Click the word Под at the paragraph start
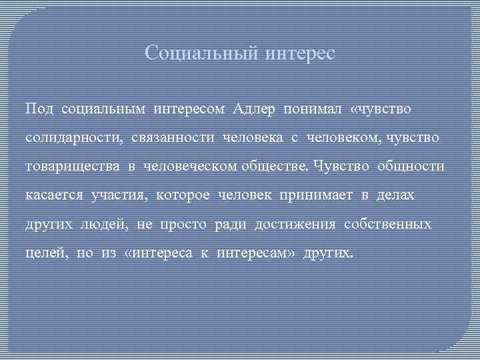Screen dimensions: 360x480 [40, 108]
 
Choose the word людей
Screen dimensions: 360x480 [107, 225]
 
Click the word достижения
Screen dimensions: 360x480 [297, 225]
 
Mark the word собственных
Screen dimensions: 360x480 [388, 225]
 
